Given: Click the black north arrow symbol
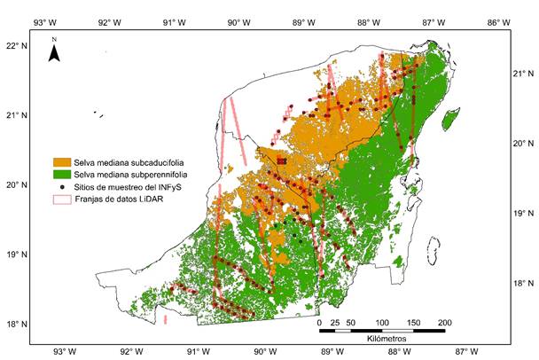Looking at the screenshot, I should [54, 54].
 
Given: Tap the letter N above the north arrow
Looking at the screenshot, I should [54, 40].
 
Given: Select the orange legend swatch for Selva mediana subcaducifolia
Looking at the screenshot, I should [62, 162].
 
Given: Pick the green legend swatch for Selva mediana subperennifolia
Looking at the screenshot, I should [62, 175].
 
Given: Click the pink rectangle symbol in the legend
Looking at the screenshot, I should [62, 200].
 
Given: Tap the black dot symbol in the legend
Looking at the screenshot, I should [62, 187].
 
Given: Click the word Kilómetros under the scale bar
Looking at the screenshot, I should [381, 340].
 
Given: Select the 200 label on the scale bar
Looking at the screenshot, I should [444, 322].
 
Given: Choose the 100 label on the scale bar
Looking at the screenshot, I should [381, 322].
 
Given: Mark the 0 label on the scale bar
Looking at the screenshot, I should [319, 322].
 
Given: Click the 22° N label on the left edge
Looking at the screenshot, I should [17, 45].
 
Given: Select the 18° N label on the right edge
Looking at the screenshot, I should [523, 284].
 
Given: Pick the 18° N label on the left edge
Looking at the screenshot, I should [17, 325].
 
